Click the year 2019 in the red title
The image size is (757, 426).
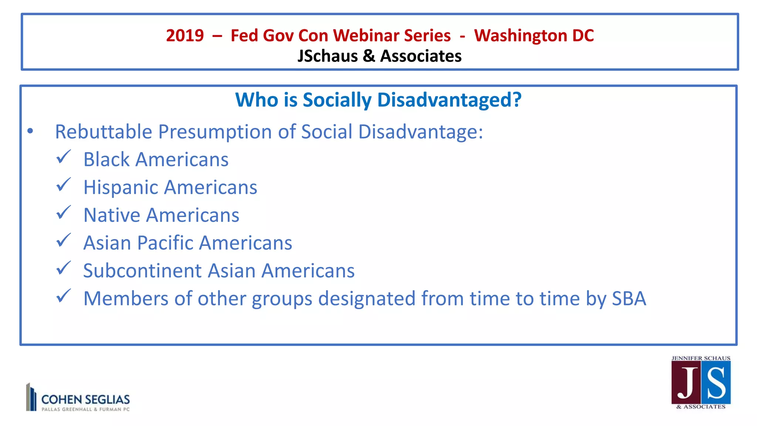(184, 36)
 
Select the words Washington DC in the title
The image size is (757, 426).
(534, 36)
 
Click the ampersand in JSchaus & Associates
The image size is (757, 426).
(369, 56)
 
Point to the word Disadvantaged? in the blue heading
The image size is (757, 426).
(449, 100)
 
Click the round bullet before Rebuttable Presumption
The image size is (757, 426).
(30, 131)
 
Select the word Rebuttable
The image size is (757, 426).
(103, 132)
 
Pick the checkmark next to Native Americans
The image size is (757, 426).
(63, 213)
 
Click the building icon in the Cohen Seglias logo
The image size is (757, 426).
(31, 397)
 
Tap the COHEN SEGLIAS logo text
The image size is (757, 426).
(85, 399)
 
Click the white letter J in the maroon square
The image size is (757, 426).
(687, 383)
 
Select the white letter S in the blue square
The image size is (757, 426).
(716, 383)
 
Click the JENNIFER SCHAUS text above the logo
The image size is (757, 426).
(701, 358)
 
